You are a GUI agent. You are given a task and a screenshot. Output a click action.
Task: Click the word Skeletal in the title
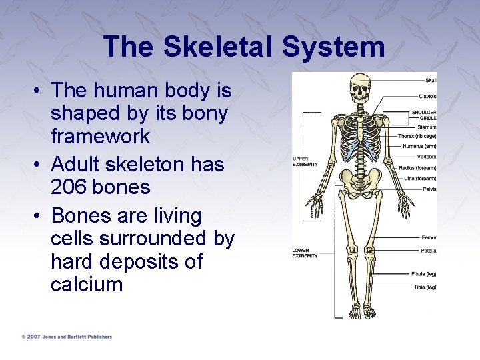coord(218,47)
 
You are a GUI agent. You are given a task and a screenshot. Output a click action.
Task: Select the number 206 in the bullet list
coord(71,187)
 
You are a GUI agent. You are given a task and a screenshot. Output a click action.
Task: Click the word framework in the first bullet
coord(100,137)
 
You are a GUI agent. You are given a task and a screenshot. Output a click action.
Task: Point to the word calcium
coord(87,285)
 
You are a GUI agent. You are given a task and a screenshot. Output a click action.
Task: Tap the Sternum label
coord(427,127)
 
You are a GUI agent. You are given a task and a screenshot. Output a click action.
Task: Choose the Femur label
coord(429,237)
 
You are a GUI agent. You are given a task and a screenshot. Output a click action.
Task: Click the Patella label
coord(429,251)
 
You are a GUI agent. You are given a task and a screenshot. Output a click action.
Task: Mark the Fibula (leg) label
coord(423,273)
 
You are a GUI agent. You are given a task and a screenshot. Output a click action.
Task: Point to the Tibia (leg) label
coord(424,287)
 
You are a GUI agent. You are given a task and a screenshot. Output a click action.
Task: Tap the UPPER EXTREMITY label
coord(305,161)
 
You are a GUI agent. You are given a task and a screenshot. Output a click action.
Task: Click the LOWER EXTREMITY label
coord(305,253)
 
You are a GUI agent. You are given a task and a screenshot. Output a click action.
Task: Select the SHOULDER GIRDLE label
coord(424,115)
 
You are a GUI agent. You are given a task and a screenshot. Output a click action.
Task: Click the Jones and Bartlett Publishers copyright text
coord(67,337)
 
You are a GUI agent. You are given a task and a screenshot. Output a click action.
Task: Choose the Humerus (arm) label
coord(419,145)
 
